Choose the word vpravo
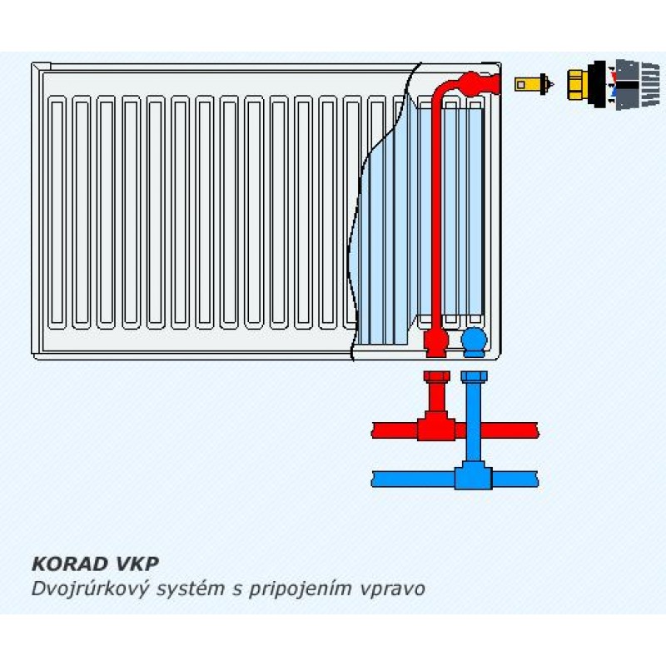pyautogui.click(x=395, y=589)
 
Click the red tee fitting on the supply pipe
pyautogui.click(x=436, y=429)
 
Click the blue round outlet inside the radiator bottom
pyautogui.click(x=475, y=339)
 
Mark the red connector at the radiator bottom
pyautogui.click(x=435, y=339)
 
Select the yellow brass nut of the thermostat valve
pyautogui.click(x=578, y=83)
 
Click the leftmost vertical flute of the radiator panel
pyautogui.click(x=57, y=212)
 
